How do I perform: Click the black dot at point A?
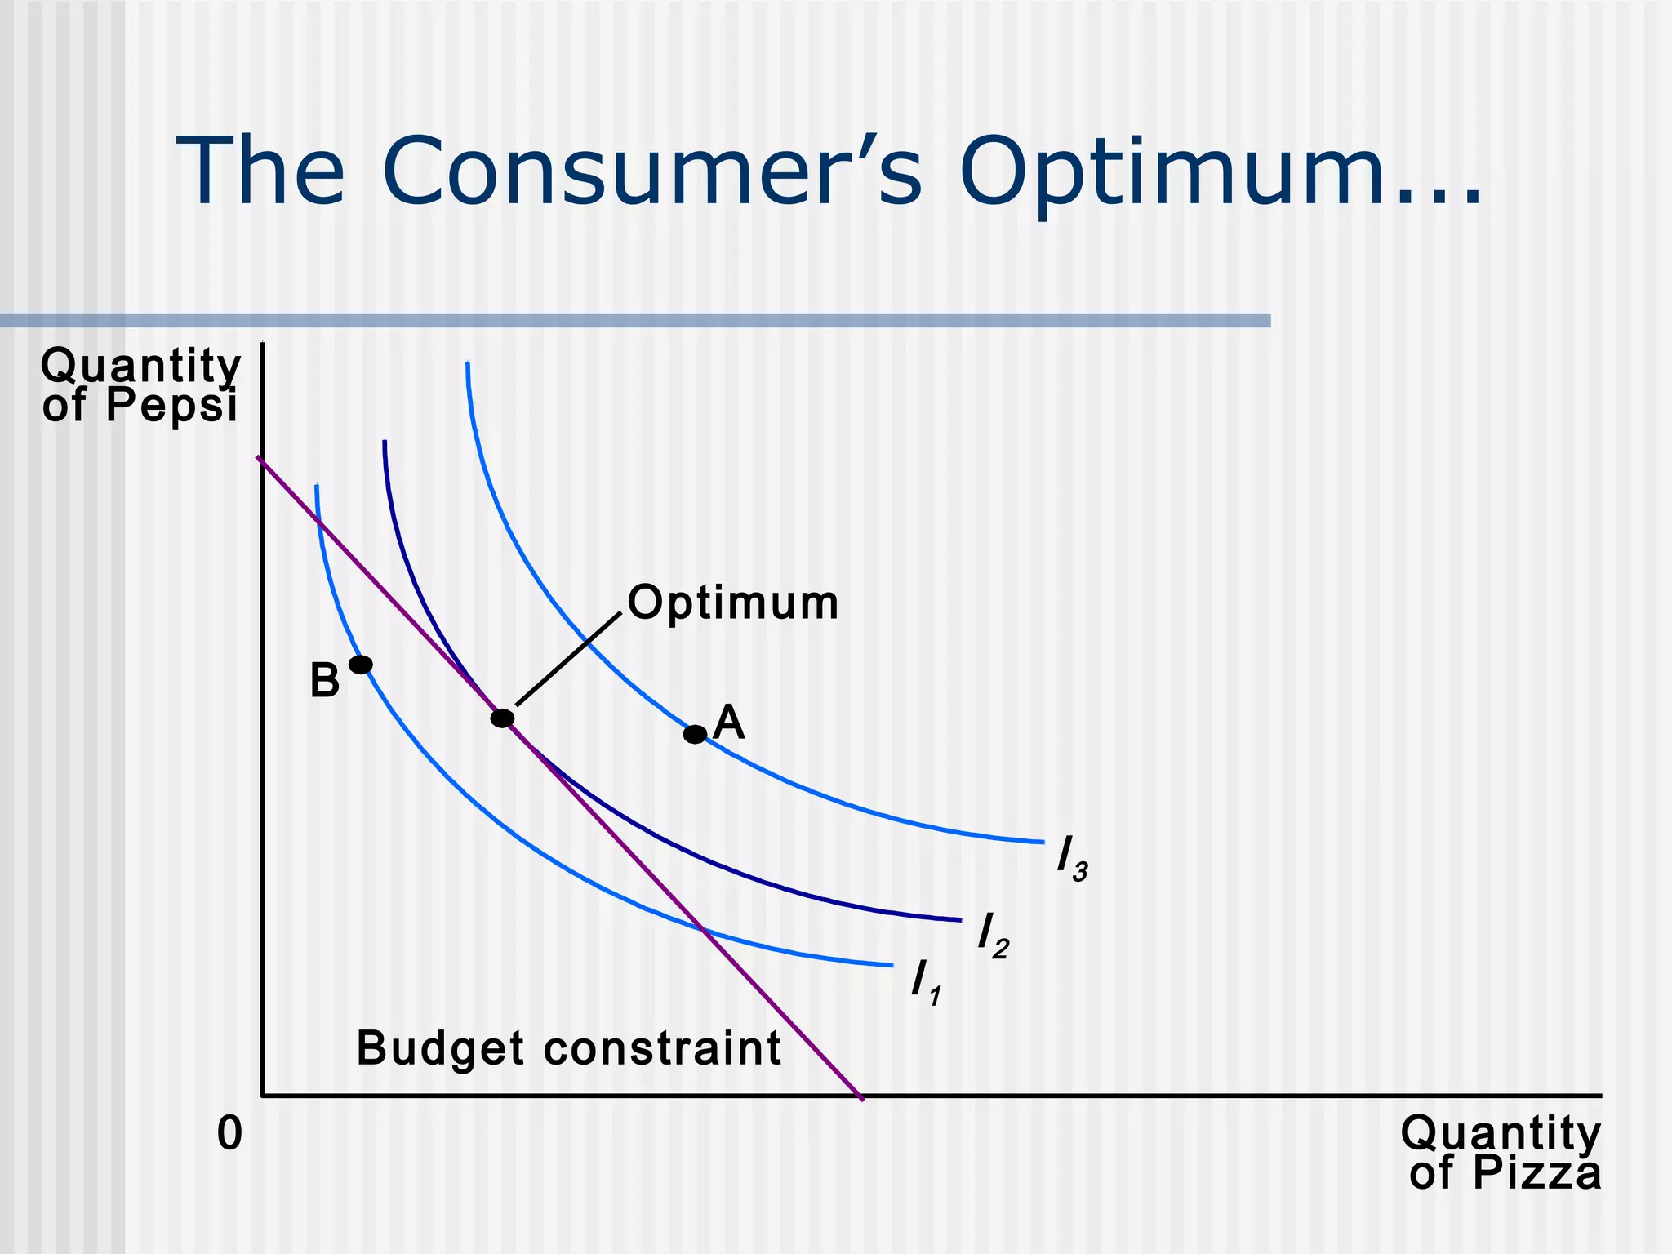(x=695, y=734)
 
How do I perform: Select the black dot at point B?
(x=361, y=665)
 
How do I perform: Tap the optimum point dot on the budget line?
(x=503, y=718)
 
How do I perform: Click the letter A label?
(x=728, y=723)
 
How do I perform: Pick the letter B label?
(x=324, y=681)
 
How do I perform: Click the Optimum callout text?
(x=733, y=603)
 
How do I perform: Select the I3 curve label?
(x=1070, y=860)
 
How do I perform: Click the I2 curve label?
(x=992, y=936)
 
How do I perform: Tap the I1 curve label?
(x=925, y=982)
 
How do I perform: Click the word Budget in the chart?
(x=440, y=1049)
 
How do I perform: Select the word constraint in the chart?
(x=662, y=1049)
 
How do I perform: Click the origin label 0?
(x=229, y=1134)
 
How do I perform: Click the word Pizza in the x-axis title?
(x=1536, y=1173)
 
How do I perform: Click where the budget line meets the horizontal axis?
(x=860, y=1096)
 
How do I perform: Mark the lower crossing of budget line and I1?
(x=702, y=928)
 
